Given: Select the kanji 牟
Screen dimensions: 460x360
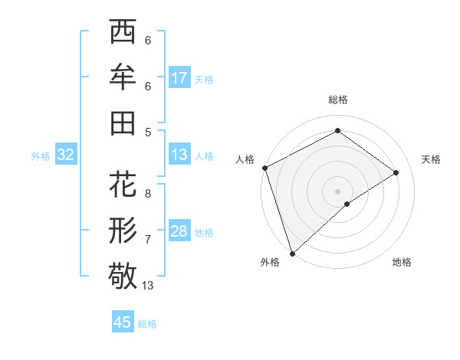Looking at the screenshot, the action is pos(123,77).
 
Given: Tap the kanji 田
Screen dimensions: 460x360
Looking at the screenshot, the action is pos(123,123).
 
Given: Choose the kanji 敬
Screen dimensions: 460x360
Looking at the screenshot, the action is pos(123,276).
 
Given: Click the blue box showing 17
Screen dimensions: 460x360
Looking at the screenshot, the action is pos(179,78).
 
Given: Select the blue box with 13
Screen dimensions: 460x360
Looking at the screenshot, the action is pos(179,155).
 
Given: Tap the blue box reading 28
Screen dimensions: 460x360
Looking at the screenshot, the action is pos(179,232).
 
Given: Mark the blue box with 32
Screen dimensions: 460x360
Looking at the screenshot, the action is pos(65,155).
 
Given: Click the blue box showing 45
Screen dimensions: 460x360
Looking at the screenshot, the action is pos(123,322).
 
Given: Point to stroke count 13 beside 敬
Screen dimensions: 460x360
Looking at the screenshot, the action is pos(148,286).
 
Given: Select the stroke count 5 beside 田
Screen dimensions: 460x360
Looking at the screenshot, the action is pos(148,132).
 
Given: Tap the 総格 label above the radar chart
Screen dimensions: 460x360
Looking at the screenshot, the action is pos(337,100).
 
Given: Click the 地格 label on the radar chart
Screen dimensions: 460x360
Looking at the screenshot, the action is pos(402,262).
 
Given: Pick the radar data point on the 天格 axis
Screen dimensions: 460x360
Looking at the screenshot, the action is pos(396,172).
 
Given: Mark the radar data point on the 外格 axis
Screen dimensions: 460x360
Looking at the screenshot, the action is pos(292,253).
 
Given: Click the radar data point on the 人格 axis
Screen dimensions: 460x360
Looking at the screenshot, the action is pos(264,168).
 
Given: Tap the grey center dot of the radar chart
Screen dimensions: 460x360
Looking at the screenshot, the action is pos(337,191).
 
